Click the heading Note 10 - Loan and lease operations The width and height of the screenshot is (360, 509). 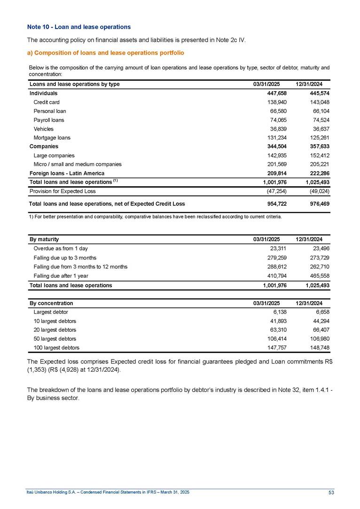click(78, 27)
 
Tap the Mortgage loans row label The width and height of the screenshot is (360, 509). click(52, 138)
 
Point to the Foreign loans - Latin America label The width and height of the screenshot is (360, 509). click(67, 173)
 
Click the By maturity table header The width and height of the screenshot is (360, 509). click(44, 240)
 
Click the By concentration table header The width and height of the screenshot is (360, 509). click(51, 303)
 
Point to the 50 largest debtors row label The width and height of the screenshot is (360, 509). click(55, 338)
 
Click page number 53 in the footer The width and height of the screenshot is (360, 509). click(331, 492)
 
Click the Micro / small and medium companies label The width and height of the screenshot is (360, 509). click(78, 164)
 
